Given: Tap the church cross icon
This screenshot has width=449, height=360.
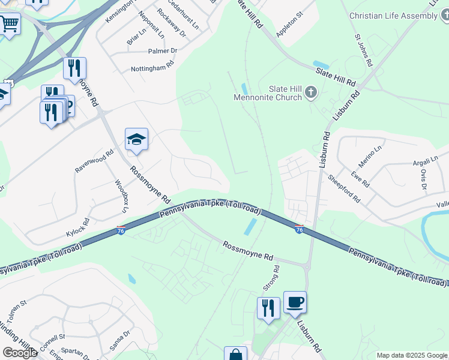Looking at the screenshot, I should point(310,92).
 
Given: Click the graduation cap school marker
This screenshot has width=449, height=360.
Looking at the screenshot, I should point(136,140).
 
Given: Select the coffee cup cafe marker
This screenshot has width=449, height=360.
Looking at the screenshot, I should point(295,302).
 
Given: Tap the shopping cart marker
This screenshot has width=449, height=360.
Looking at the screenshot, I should point(9,25).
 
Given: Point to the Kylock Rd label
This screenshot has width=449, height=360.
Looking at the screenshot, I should point(77,226).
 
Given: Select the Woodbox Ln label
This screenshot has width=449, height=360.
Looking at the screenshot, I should point(122,195).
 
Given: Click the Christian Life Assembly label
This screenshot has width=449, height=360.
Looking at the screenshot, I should point(394,16).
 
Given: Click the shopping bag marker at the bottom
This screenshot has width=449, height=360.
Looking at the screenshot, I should point(235,354).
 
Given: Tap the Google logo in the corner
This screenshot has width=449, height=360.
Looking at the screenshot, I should point(19,353).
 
